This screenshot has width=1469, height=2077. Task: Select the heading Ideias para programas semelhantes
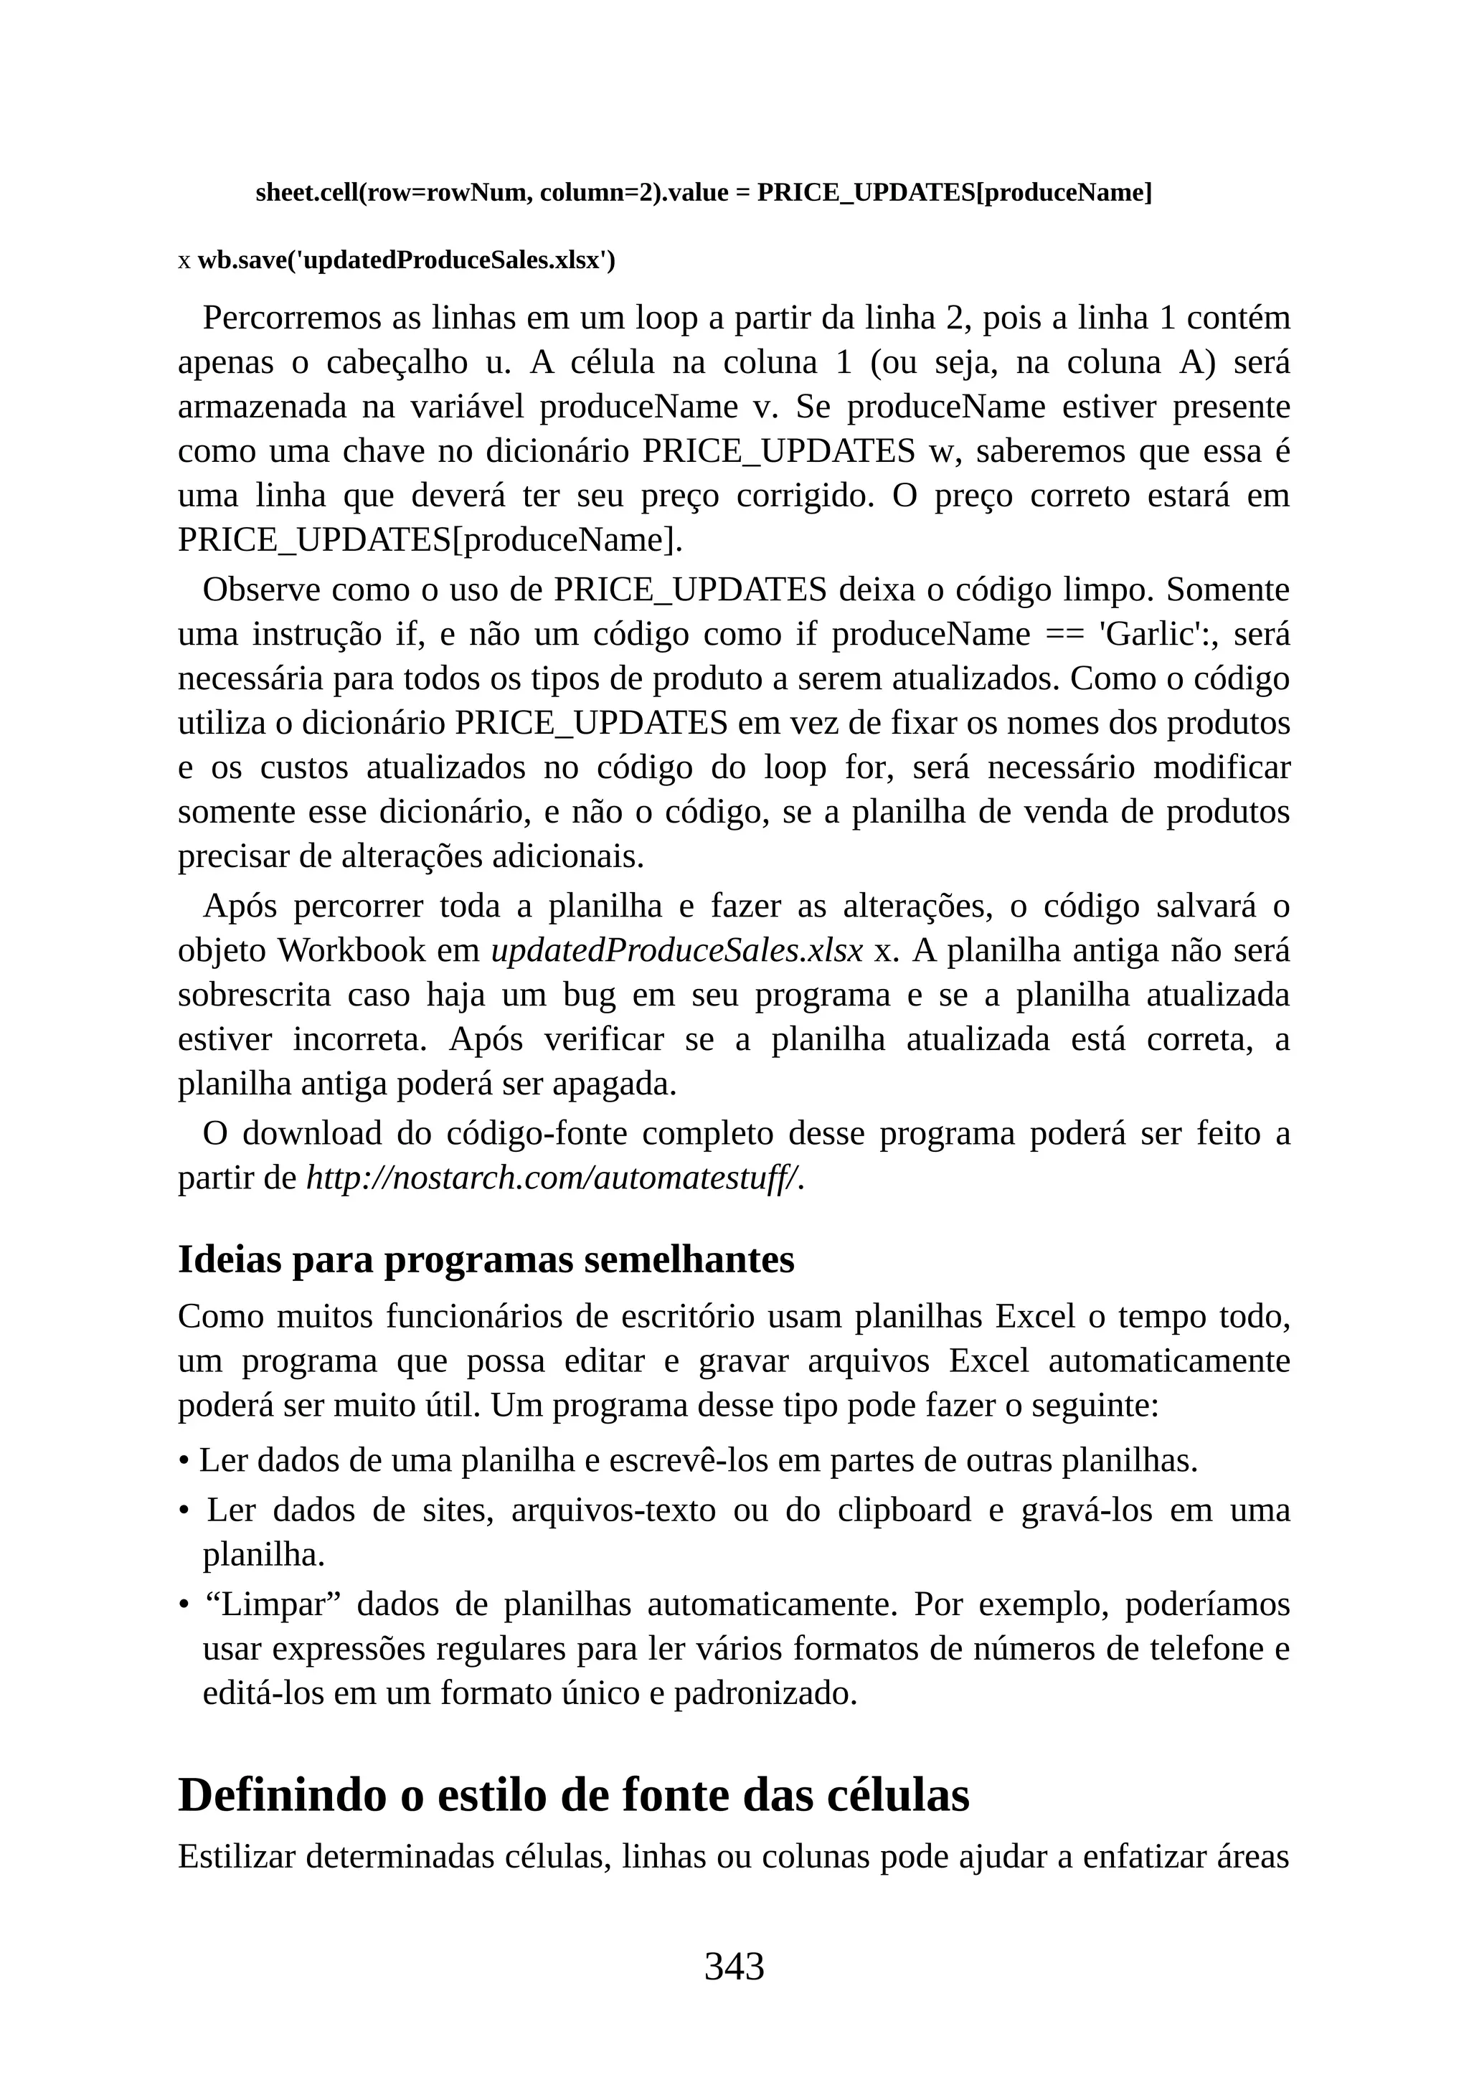point(486,1259)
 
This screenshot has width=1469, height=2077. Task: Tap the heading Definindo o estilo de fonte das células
point(574,1794)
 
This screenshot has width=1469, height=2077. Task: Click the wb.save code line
point(406,260)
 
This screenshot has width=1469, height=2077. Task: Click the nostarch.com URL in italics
point(554,1178)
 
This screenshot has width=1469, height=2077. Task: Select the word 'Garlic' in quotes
point(1148,634)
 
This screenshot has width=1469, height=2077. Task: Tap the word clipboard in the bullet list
point(904,1510)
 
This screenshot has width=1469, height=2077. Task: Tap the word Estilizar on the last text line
point(237,1856)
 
